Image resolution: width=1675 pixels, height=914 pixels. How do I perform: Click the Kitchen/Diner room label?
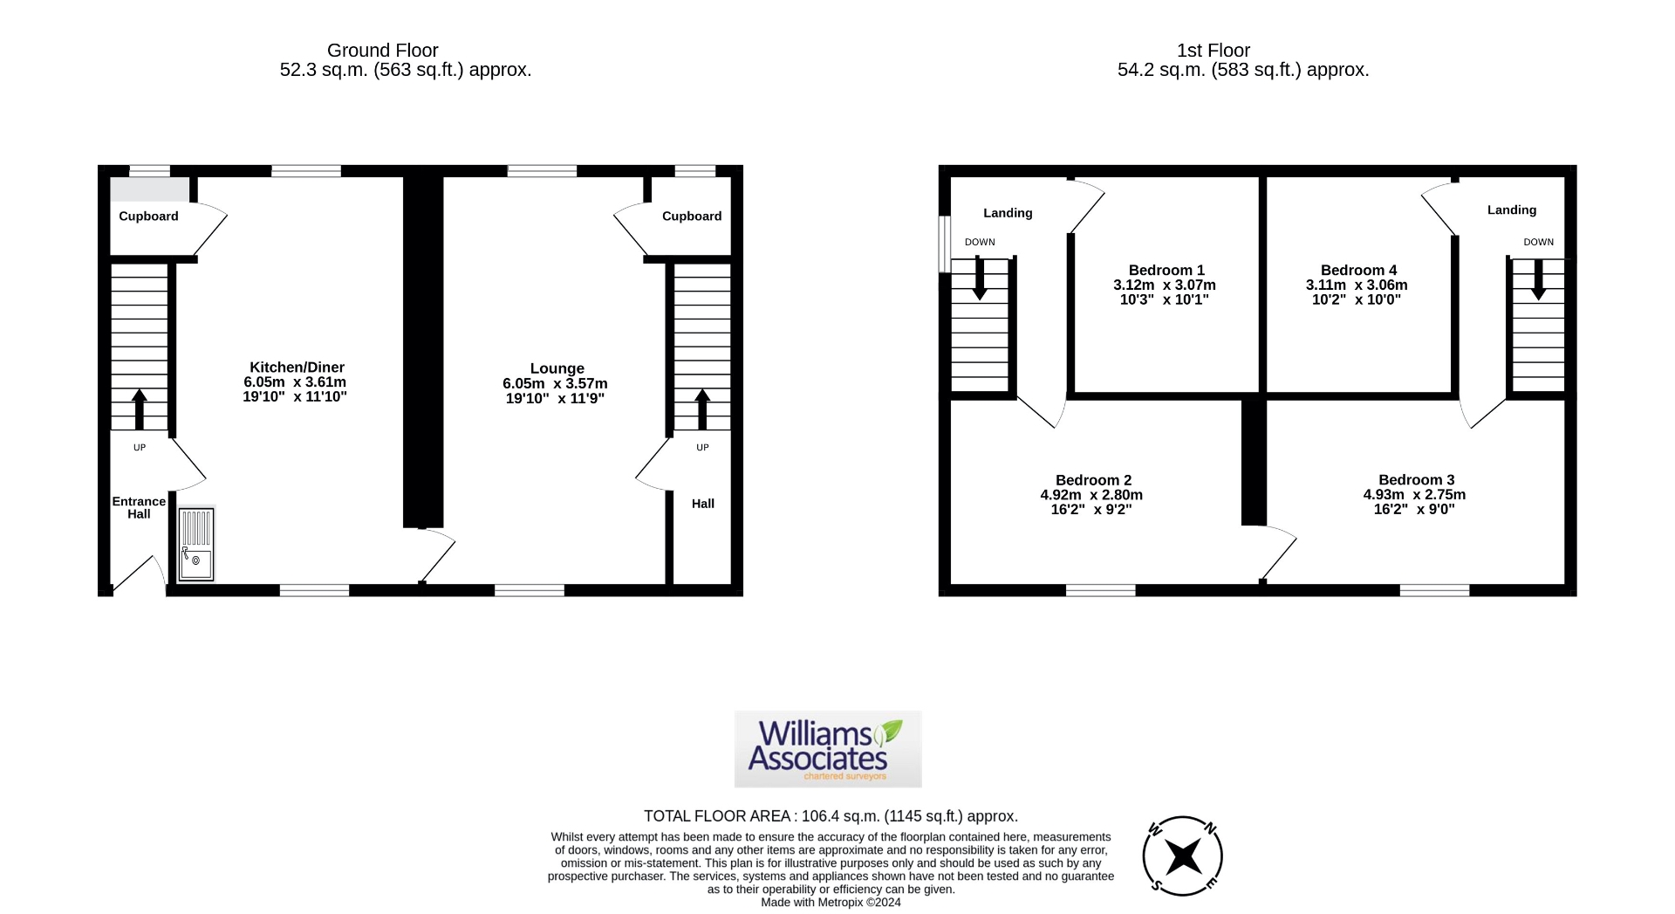(297, 368)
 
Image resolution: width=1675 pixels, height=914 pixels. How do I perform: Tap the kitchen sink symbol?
(196, 544)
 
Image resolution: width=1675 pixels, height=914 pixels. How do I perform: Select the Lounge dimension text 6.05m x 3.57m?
(555, 384)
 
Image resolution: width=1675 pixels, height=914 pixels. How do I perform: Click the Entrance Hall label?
(139, 507)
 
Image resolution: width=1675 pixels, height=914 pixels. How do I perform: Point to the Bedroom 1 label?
(1166, 271)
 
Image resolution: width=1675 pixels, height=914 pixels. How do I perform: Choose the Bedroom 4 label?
(1357, 271)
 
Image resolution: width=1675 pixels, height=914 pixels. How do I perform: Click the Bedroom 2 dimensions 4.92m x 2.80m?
(1090, 495)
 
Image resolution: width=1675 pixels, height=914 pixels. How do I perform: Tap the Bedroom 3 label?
(1415, 480)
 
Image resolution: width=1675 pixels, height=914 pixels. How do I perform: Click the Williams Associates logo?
(827, 749)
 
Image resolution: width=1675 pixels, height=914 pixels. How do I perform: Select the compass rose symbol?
(1182, 856)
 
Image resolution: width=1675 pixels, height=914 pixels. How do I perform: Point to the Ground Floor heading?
(382, 51)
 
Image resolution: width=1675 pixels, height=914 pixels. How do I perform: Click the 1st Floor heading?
(1213, 51)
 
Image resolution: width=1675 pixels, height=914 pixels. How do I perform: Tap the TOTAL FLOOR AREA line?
(831, 816)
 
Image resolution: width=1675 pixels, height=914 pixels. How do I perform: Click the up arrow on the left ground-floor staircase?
(139, 409)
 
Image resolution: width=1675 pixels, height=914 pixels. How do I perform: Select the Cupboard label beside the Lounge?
(691, 216)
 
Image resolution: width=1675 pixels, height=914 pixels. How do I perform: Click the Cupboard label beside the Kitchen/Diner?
(148, 216)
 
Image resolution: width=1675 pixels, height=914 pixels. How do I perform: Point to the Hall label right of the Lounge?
(702, 504)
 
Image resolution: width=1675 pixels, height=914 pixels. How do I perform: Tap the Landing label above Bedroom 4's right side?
(1511, 210)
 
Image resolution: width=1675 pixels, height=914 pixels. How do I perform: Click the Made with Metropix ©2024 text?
(831, 903)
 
